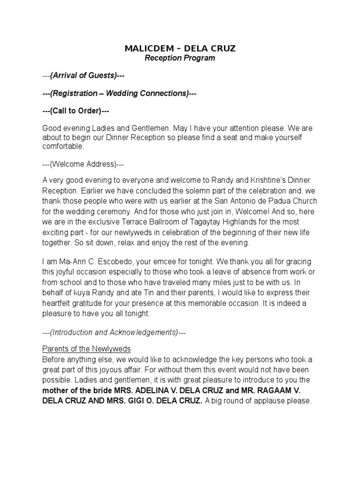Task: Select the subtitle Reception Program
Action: [x=180, y=58]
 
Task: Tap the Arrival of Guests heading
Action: [x=83, y=75]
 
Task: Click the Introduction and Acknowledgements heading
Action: [x=114, y=332]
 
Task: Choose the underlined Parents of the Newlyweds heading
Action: [x=86, y=349]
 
